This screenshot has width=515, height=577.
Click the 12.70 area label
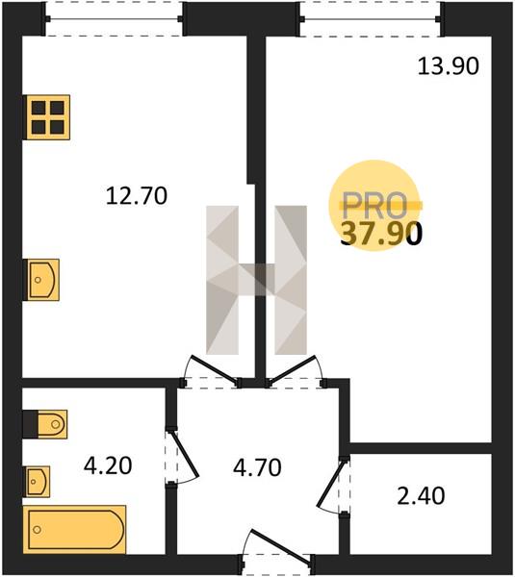(137, 195)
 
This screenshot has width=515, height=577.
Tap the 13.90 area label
(449, 66)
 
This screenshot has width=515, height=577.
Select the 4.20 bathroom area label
(108, 465)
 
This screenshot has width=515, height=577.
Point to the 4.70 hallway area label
(257, 467)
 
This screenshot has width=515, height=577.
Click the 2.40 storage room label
(421, 495)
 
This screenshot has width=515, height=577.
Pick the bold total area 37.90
(381, 235)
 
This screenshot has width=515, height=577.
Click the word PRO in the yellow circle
(374, 206)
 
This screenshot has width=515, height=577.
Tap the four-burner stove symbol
(48, 117)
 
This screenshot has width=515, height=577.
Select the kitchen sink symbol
(42, 280)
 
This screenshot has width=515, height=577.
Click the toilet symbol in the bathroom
(45, 424)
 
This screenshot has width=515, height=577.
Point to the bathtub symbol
(75, 530)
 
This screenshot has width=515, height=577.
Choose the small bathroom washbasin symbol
(37, 482)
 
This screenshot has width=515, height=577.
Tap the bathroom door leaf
(185, 455)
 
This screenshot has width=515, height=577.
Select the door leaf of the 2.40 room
(331, 483)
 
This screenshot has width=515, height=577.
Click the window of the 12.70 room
(114, 19)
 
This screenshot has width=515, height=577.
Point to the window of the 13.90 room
(371, 19)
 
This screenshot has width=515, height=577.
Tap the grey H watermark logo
(256, 280)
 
